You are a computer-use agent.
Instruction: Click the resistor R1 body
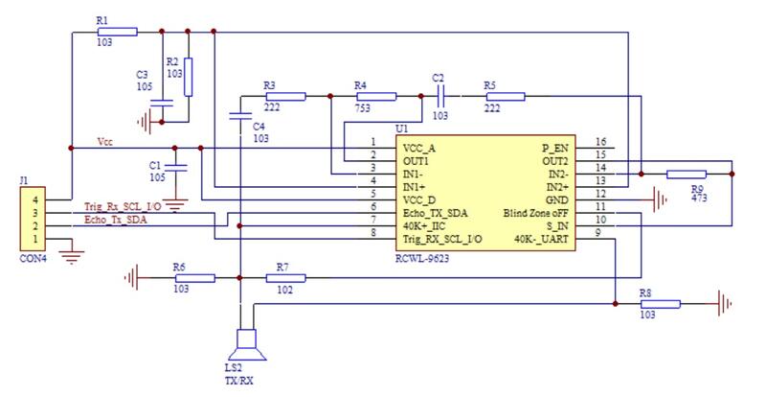117,31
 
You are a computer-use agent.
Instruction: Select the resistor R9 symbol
686,174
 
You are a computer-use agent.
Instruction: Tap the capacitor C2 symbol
440,96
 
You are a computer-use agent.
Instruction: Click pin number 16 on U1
599,141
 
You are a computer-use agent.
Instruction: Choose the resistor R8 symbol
660,303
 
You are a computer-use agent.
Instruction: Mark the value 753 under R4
362,110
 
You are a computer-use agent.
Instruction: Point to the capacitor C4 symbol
239,116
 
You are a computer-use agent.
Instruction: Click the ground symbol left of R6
133,278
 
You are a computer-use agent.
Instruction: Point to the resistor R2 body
188,78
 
